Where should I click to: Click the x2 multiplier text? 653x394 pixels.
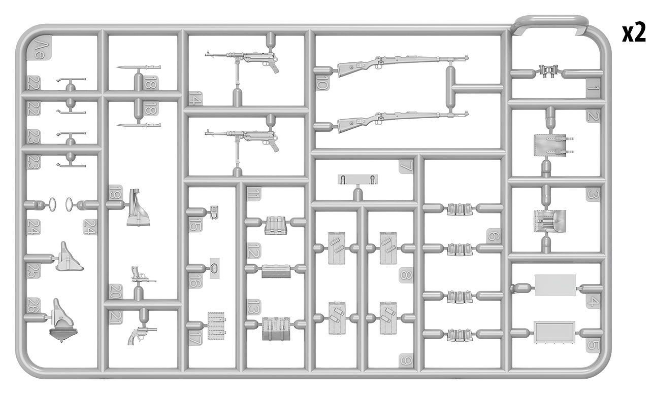click(634, 33)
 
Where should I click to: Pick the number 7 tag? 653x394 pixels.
click(406, 166)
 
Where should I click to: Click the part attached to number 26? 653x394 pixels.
click(62, 320)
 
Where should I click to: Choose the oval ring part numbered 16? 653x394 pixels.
click(214, 268)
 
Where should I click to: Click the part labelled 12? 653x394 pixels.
click(276, 271)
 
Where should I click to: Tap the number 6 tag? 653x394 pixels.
click(493, 236)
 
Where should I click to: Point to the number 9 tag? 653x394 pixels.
click(406, 360)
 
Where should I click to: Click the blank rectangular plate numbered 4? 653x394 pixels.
click(556, 285)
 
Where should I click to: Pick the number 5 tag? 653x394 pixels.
click(593, 346)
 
